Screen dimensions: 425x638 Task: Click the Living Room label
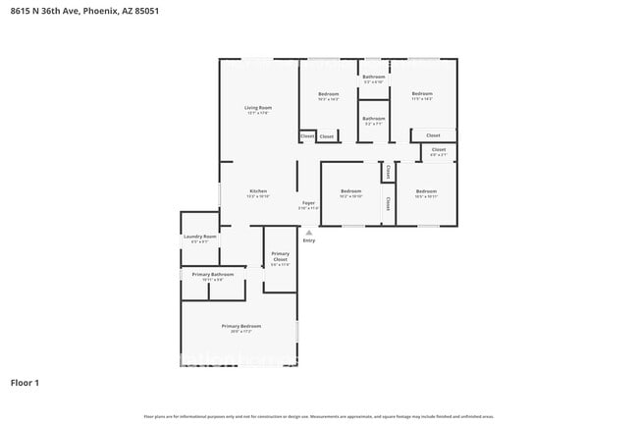[258, 107]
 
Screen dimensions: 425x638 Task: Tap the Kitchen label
[258, 190]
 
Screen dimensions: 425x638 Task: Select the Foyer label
[308, 202]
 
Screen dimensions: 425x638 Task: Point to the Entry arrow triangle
[308, 233]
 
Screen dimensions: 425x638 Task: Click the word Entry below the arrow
[309, 240]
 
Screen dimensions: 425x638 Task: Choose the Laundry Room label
[199, 237]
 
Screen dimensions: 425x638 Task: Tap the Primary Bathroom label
[213, 274]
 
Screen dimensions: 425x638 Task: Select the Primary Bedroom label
[240, 326]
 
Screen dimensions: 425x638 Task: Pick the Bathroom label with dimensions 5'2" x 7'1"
[373, 118]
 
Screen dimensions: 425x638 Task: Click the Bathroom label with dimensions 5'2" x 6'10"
[373, 77]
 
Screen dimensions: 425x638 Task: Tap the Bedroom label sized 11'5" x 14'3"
[422, 93]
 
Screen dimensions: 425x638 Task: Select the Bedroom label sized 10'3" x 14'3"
[328, 93]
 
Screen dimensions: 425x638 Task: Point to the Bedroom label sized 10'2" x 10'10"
[351, 190]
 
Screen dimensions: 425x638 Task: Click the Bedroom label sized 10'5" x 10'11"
[426, 190]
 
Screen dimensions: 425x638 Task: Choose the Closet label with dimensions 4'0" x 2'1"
[438, 151]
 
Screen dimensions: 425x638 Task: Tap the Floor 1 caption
[25, 382]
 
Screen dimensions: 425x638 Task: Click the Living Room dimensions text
[258, 114]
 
